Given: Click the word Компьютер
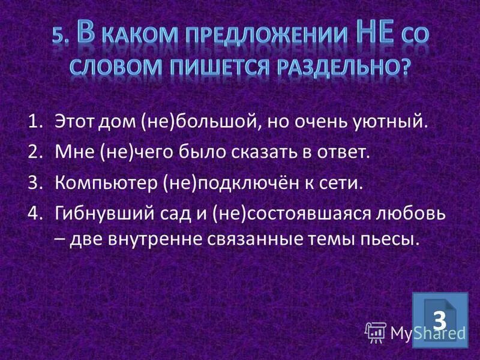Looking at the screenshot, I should pos(103,181).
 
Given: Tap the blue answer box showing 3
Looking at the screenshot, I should pos(440,320).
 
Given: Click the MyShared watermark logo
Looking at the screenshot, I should pos(414,331).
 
